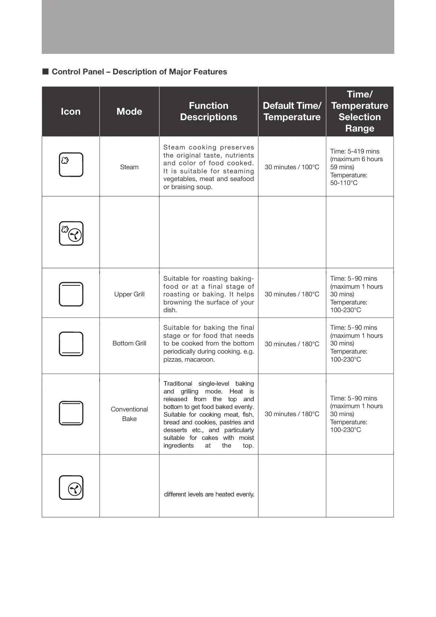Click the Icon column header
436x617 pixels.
pos(71,111)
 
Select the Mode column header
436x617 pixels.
pos(129,111)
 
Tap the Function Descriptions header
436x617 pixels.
pos(209,111)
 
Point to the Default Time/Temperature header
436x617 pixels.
pos(292,111)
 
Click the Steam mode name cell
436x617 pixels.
pos(129,167)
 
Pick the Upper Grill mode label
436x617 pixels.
pos(129,294)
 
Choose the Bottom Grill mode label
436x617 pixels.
pos(129,343)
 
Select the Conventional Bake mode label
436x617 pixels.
pos(129,414)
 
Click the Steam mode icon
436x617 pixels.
pos(71,165)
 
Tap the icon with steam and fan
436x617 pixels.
pos(71,233)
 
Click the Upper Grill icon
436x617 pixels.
pos(71,294)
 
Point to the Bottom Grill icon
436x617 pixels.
pos(71,344)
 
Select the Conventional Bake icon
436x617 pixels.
pos(71,413)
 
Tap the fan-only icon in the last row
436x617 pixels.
pos(71,488)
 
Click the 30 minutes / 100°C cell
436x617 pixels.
pos(292,167)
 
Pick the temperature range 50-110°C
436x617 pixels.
pos(344,183)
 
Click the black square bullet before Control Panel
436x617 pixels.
pos(45,71)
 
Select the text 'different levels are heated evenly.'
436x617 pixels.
pos(209,494)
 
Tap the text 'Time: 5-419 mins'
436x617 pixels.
pos(355,151)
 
